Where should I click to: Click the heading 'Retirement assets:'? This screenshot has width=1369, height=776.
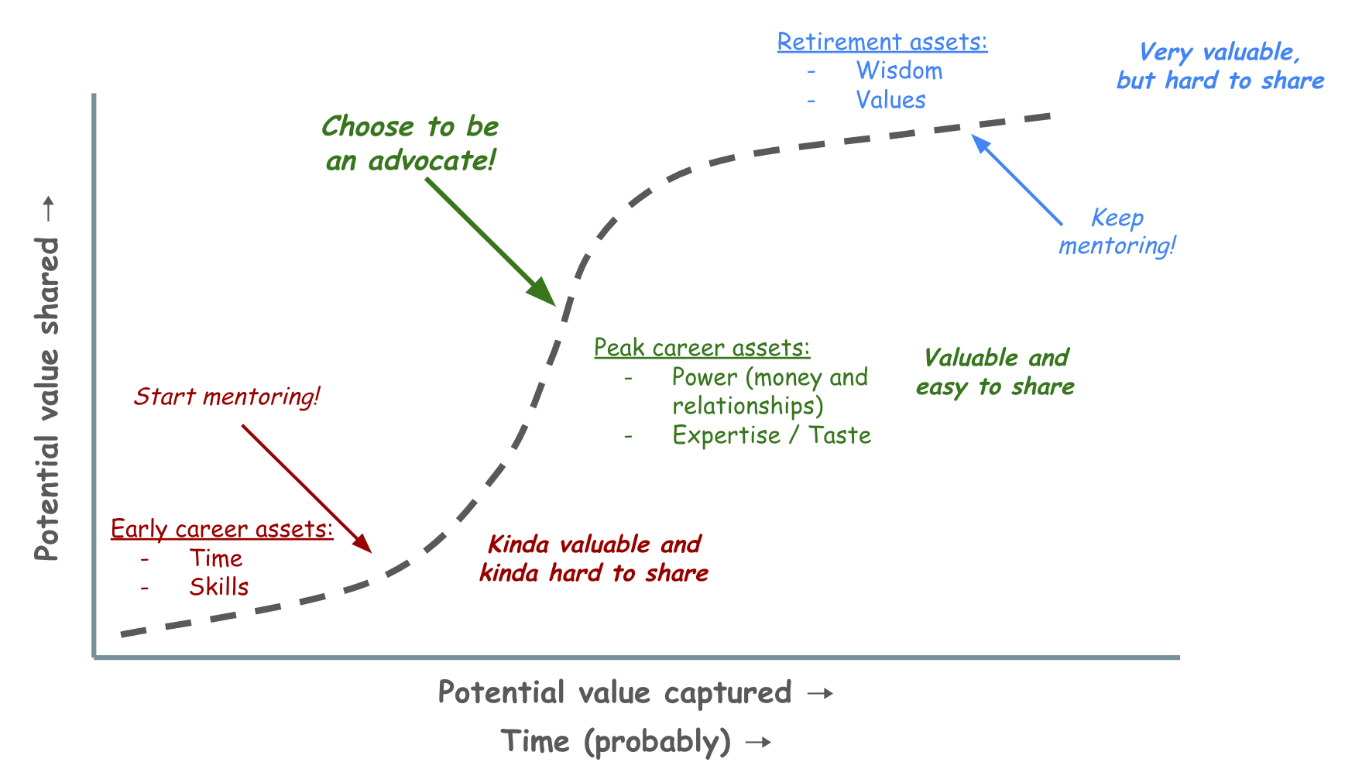pyautogui.click(x=882, y=42)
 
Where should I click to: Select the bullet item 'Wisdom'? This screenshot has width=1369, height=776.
pyautogui.click(x=899, y=71)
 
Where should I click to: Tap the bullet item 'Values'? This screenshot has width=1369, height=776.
pyautogui.click(x=890, y=101)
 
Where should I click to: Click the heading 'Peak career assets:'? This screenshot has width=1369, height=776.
pyautogui.click(x=702, y=349)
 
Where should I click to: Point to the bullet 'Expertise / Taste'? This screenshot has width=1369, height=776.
pyautogui.click(x=771, y=435)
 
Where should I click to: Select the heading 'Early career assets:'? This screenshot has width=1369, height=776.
pyautogui.click(x=221, y=529)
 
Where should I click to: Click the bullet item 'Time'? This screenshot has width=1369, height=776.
pyautogui.click(x=215, y=558)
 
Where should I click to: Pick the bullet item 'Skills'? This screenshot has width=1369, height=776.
pyautogui.click(x=218, y=587)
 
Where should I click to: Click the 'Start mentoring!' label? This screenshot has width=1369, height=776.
pyautogui.click(x=226, y=397)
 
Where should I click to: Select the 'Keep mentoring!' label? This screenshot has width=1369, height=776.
pyautogui.click(x=1117, y=232)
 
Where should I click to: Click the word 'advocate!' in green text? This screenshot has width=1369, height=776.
pyautogui.click(x=432, y=161)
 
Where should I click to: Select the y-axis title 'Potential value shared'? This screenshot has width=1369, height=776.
pyautogui.click(x=47, y=399)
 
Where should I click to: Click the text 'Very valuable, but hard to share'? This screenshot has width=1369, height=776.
pyautogui.click(x=1220, y=67)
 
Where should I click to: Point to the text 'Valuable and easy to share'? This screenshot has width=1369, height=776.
pyautogui.click(x=996, y=372)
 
